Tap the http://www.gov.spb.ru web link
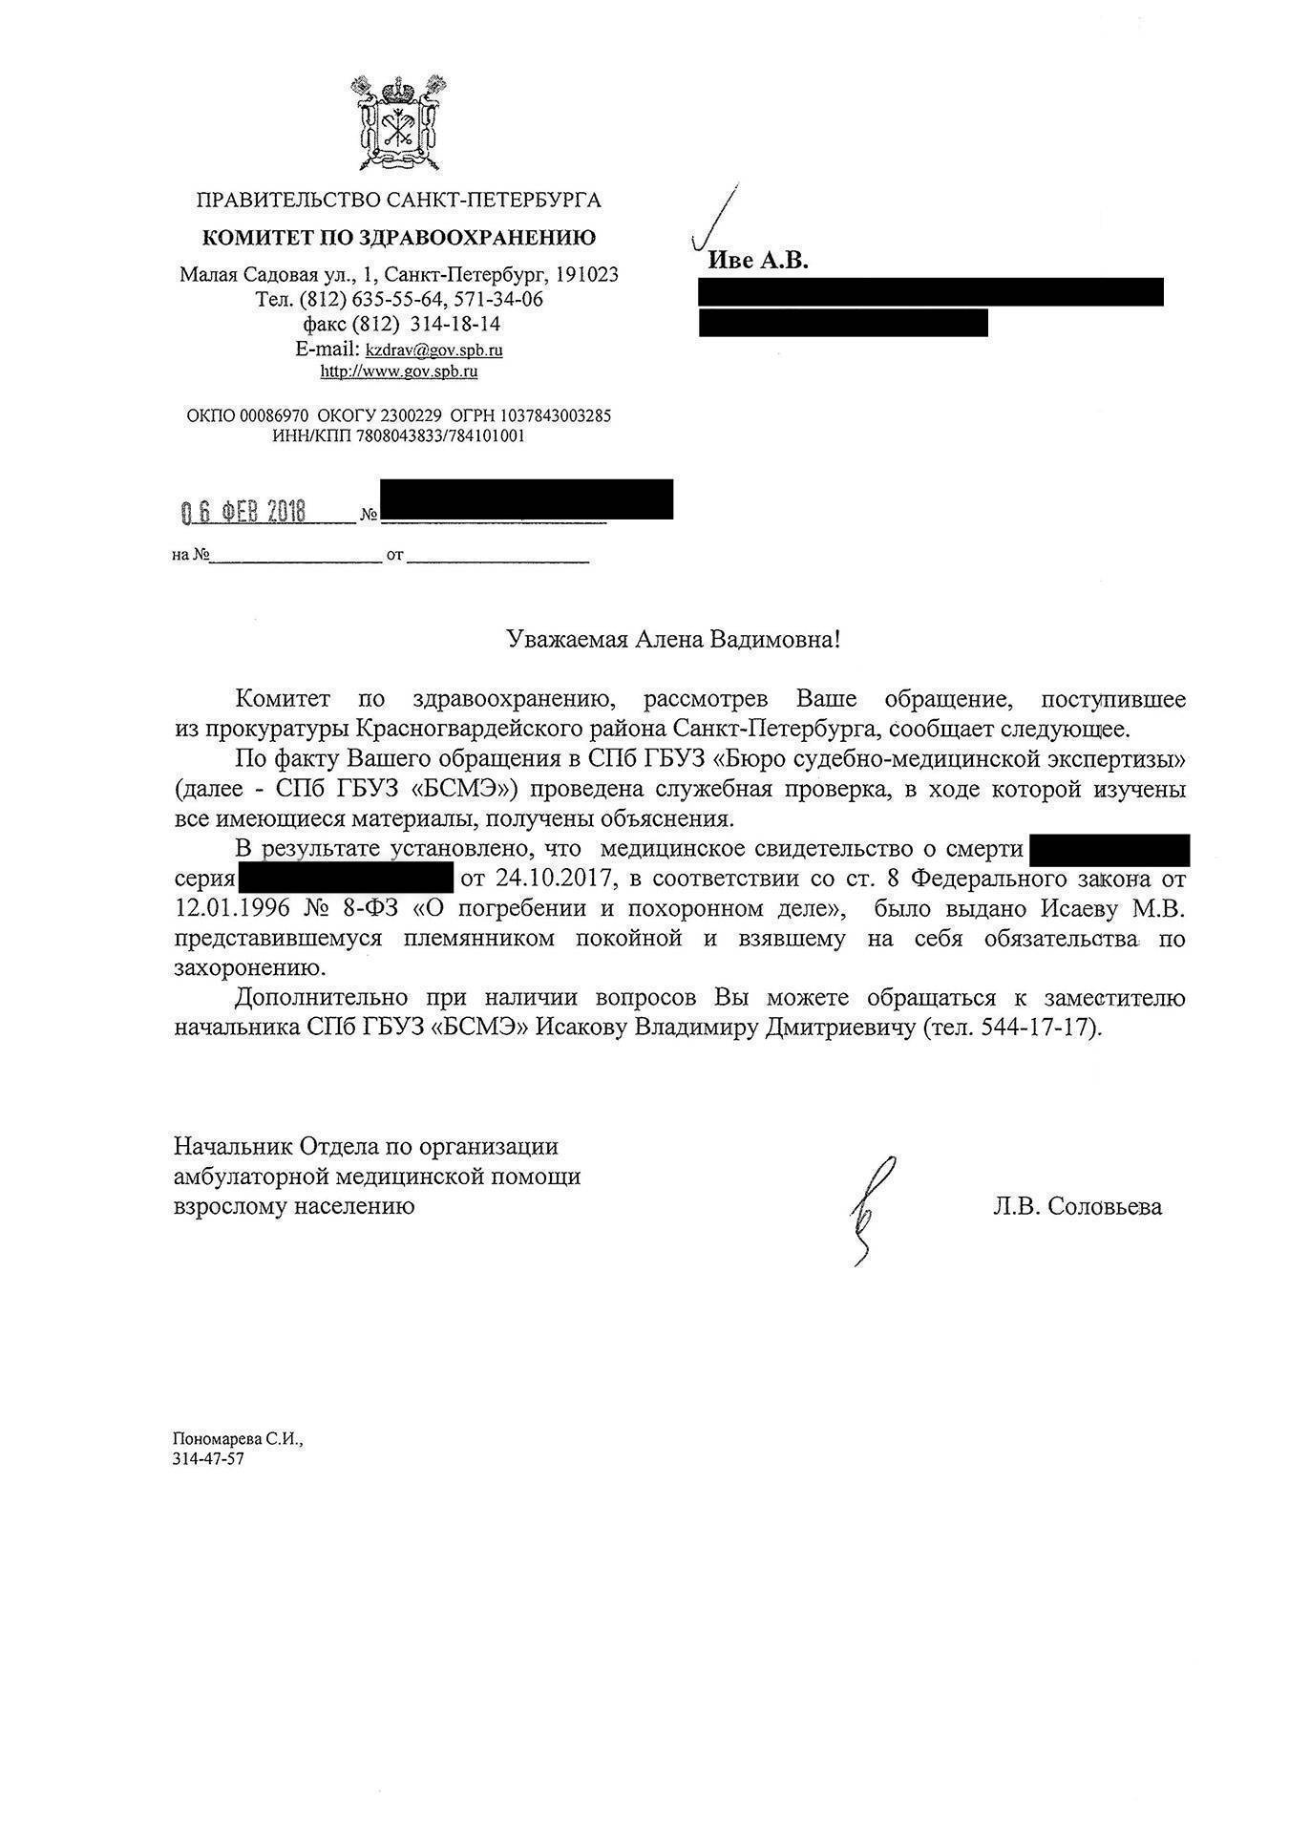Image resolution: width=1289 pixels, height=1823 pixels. (399, 371)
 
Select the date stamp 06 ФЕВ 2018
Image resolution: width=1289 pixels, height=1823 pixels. (243, 512)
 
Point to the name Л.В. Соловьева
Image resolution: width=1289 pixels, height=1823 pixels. (1077, 1207)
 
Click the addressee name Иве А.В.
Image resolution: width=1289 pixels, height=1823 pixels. (757, 261)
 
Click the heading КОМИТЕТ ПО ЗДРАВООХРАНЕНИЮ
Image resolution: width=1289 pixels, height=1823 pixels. (398, 238)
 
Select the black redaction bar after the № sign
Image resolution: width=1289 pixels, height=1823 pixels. (526, 499)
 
